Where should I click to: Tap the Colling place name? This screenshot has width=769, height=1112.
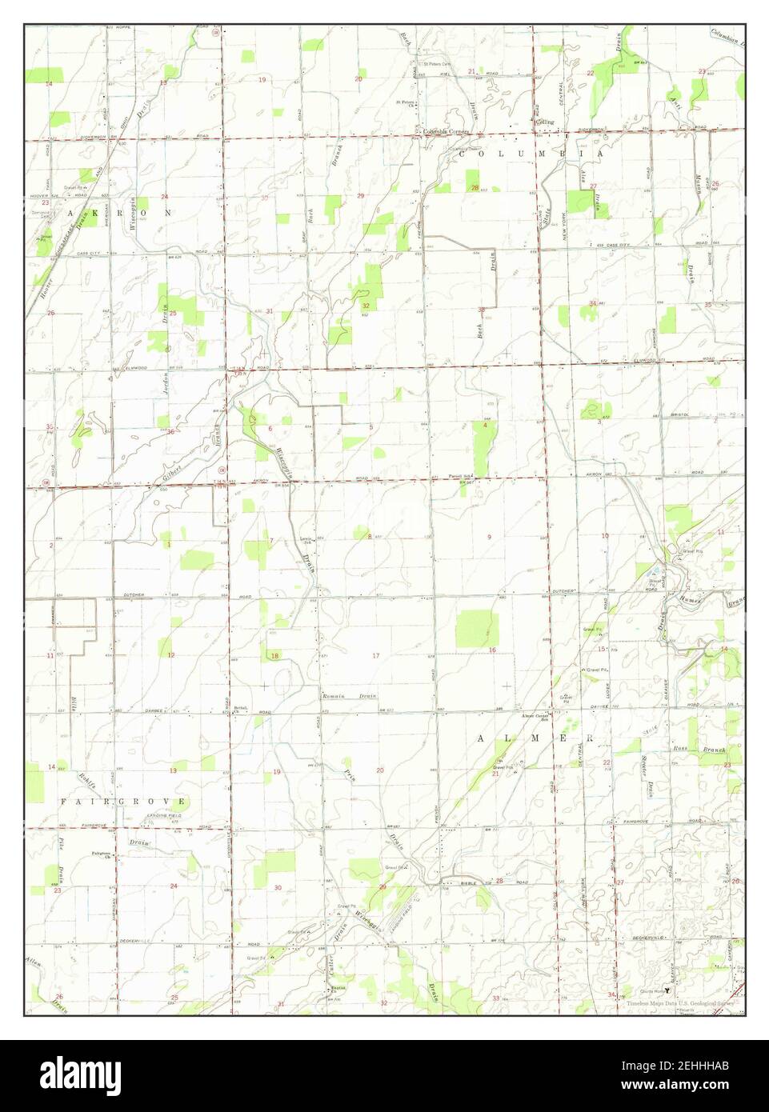(545, 122)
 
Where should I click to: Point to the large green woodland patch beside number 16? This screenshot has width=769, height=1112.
(476, 629)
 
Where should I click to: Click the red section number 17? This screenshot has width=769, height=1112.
(375, 656)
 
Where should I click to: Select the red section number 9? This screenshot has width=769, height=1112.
(489, 537)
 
